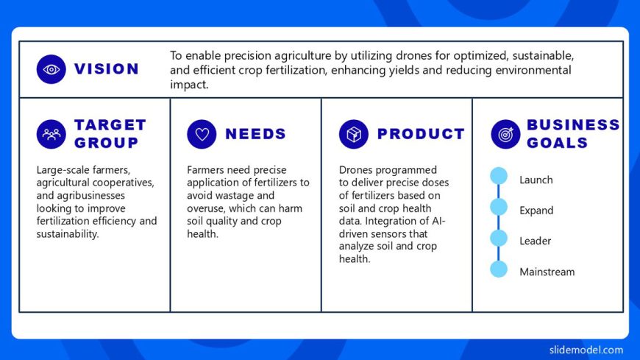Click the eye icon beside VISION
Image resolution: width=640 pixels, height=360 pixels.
[51, 69]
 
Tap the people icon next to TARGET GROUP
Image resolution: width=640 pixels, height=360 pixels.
[51, 134]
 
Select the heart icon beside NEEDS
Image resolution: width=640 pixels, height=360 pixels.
[202, 134]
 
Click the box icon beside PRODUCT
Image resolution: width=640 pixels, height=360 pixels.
[353, 134]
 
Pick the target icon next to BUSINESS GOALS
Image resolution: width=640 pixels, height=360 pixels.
[505, 134]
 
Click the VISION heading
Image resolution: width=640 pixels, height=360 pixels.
[107, 69]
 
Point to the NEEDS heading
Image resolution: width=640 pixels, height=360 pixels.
[255, 134]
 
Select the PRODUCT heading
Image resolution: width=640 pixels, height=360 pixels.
[421, 134]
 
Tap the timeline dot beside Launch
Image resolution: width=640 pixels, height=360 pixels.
[499, 176]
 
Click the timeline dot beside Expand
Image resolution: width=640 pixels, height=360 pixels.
[499, 207]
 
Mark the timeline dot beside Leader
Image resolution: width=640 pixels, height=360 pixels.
[499, 238]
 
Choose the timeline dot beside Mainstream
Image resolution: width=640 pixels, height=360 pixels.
[499, 269]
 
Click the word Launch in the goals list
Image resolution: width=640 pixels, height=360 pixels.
[536, 180]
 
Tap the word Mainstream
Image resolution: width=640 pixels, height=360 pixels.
[547, 272]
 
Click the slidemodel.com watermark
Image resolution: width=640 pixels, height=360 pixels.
[586, 350]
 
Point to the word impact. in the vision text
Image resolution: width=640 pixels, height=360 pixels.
[189, 85]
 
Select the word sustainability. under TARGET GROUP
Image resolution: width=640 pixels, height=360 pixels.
[68, 234]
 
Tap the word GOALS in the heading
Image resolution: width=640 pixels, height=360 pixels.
[557, 143]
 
